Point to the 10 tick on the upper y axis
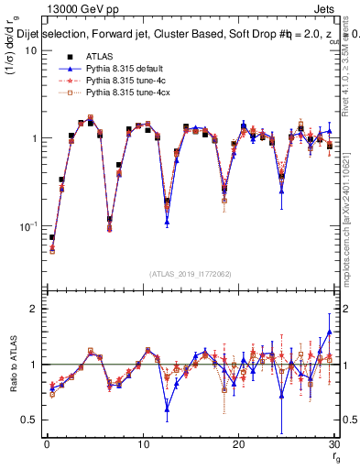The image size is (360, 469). click(x=28, y=50)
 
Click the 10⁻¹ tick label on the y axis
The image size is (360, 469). click(x=27, y=226)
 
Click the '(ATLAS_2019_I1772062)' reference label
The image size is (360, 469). click(x=190, y=273)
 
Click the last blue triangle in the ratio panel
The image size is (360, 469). click(x=330, y=333)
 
